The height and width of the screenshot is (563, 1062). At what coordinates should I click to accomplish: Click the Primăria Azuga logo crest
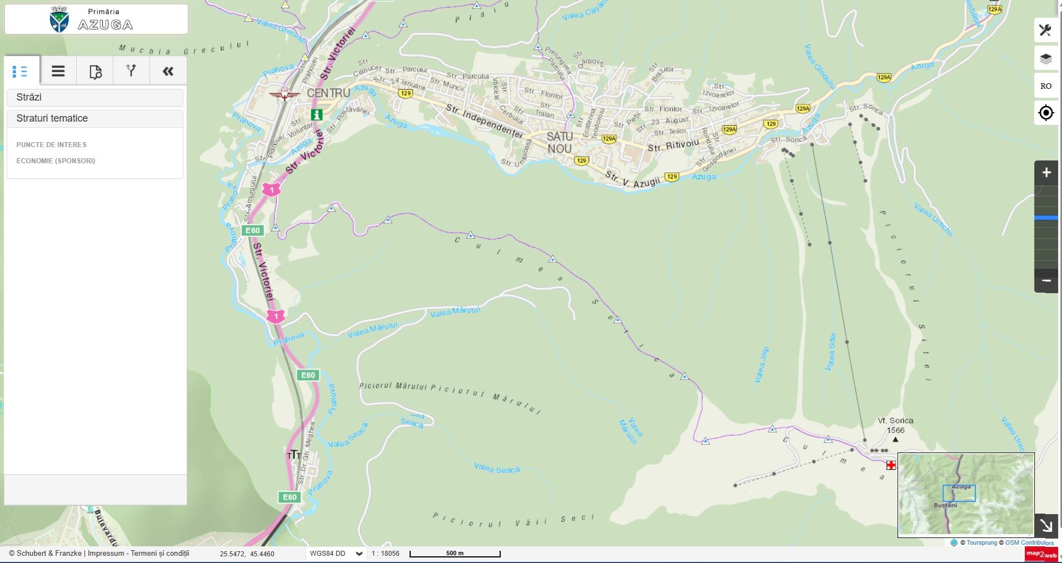coord(59,19)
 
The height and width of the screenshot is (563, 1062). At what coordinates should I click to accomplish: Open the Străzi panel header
coord(94,97)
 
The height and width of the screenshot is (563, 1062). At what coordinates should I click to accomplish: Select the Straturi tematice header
coord(94,118)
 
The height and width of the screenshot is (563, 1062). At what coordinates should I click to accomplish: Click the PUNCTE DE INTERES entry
coord(51,145)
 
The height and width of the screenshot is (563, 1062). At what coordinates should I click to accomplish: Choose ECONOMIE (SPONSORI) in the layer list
coord(56,161)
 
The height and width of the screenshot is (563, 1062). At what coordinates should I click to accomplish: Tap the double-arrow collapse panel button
coord(168,71)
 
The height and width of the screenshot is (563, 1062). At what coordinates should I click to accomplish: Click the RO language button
coord(1045,86)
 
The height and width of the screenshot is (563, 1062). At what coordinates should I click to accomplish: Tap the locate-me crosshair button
coord(1045,113)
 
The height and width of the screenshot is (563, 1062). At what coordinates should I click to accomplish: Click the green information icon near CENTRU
coord(316,115)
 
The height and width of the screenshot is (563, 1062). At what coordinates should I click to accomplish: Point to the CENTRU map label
coord(328,93)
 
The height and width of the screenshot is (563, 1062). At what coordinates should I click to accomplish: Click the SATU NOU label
coord(559,143)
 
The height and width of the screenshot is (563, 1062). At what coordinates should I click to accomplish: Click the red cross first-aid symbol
coord(891,465)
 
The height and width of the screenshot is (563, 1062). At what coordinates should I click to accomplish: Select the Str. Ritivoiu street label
coord(673,145)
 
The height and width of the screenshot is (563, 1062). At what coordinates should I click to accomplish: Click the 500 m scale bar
coord(455,554)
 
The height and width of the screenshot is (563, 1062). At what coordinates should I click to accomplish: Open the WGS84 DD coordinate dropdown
coord(336,554)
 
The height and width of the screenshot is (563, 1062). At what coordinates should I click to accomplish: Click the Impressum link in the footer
coord(106,554)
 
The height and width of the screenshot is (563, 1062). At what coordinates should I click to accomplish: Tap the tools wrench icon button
coord(1045,31)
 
